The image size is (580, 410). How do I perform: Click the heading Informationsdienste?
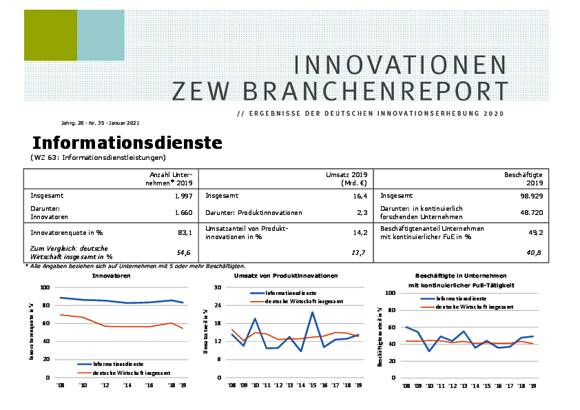pos(127,143)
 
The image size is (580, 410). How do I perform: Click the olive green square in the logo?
pos(50,35)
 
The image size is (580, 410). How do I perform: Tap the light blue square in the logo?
pos(101,35)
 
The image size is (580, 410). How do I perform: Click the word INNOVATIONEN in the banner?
pos(400,65)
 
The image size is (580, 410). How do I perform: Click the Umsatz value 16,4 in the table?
pos(358,196)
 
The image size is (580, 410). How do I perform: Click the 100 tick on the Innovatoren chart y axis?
pos(45,287)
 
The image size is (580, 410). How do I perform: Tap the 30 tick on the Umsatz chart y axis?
pos(218,287)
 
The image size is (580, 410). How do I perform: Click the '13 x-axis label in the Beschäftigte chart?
pos(464,387)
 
